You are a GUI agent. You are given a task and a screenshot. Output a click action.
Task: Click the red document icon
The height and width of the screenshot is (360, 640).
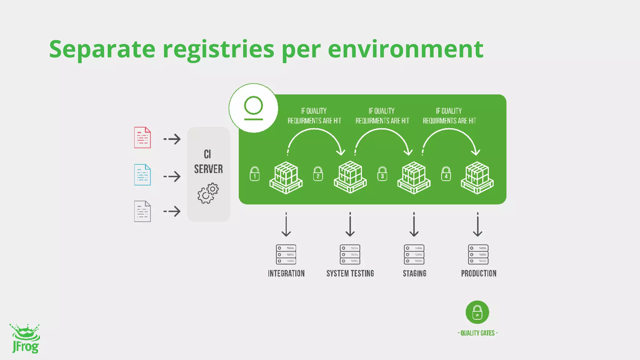point(142,137)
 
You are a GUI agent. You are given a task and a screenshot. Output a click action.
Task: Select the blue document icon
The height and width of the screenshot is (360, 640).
point(142,175)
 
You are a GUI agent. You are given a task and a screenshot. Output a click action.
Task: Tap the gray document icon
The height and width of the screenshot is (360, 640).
point(142,211)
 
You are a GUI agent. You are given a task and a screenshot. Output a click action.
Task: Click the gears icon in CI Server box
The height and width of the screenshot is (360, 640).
point(208,193)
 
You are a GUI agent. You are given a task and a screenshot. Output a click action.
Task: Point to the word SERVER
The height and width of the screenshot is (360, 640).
point(208,169)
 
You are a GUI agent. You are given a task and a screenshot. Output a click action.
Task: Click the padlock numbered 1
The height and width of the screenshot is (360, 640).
point(255,174)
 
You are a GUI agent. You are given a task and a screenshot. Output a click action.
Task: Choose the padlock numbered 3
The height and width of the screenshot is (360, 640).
point(382,174)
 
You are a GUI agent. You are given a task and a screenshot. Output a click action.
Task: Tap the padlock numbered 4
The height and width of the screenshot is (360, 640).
point(446,174)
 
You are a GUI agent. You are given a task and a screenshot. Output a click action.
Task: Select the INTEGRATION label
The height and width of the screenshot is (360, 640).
point(286,273)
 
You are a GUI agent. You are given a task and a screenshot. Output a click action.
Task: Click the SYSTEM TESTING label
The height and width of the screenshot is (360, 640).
point(350,273)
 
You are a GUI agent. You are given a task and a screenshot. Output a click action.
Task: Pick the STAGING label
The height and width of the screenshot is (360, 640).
point(414,273)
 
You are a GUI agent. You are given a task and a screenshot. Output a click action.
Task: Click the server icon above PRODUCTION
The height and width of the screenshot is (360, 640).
point(478,254)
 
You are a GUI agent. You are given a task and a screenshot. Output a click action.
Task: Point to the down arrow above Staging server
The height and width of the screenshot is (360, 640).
point(414,225)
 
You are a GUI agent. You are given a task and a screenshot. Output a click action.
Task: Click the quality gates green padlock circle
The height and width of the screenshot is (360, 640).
point(477,312)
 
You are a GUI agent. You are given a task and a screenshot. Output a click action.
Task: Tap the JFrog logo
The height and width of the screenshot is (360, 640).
point(25,339)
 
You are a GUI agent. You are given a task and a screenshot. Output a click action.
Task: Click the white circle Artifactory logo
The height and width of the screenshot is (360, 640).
point(253,108)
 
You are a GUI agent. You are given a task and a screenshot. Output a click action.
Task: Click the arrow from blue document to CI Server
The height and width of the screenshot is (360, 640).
point(172,177)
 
